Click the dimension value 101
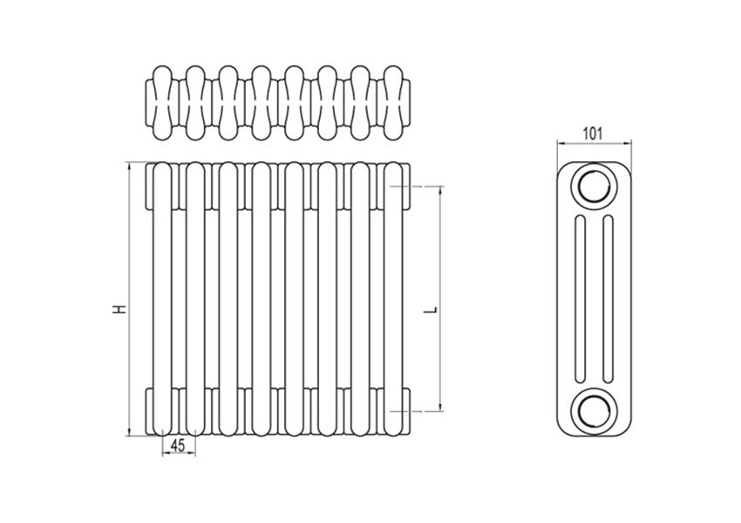pyautogui.click(x=592, y=133)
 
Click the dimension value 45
pyautogui.click(x=177, y=445)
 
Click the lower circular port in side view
pyautogui.click(x=593, y=408)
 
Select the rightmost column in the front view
pyautogui.click(x=396, y=296)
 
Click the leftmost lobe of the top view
pyautogui.click(x=163, y=102)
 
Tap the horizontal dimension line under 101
pyautogui.click(x=593, y=143)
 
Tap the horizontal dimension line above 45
pyautogui.click(x=179, y=454)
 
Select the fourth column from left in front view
pyautogui.click(x=262, y=296)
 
